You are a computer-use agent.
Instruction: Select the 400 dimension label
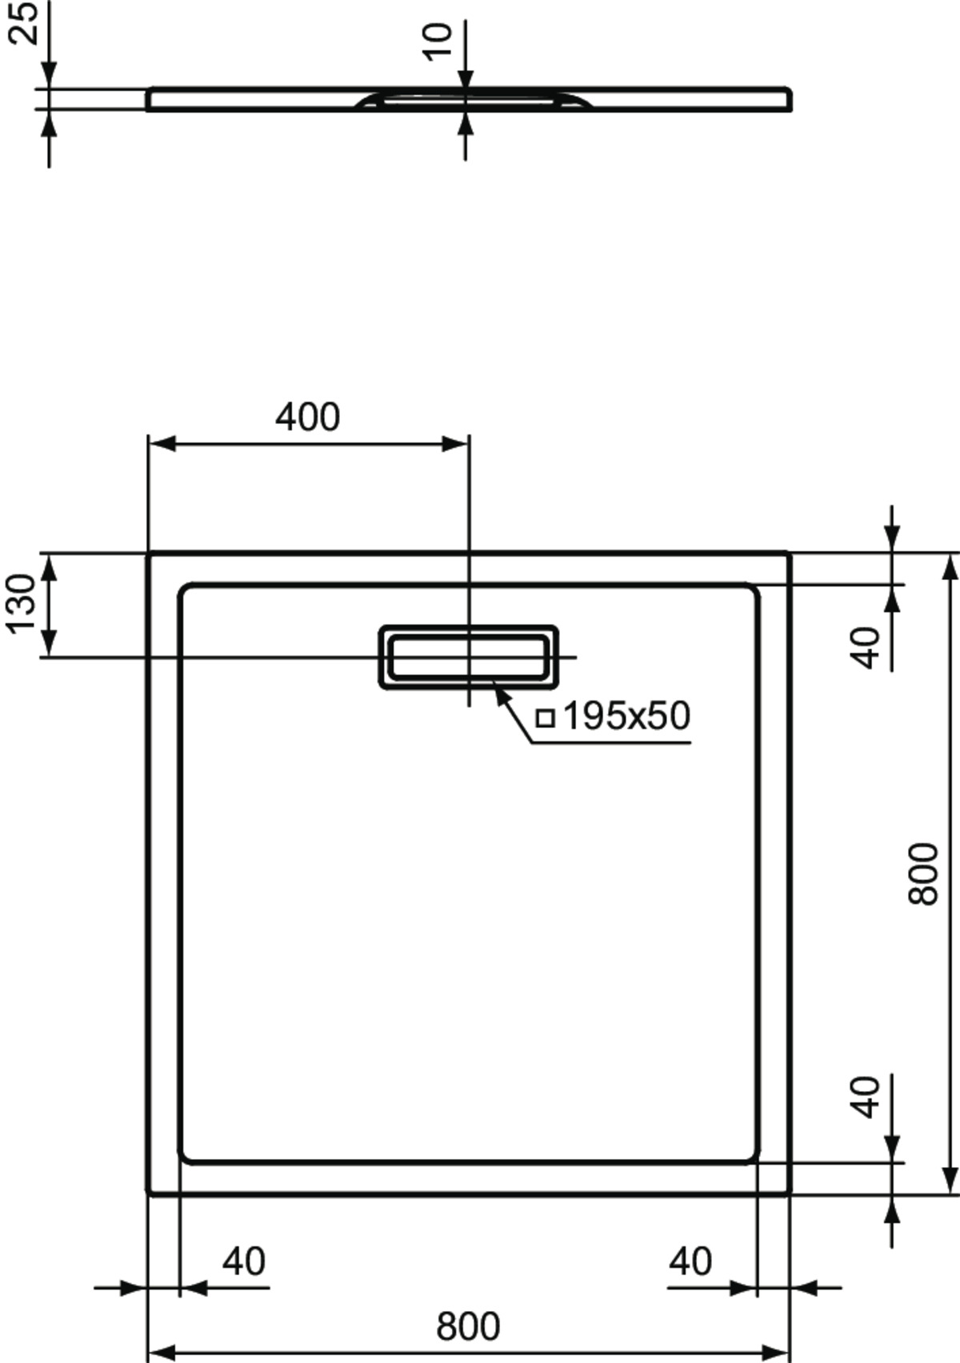(307, 418)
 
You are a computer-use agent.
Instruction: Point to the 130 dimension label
(22, 603)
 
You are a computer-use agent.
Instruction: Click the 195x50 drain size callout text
(626, 716)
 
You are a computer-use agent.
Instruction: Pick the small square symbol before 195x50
(545, 718)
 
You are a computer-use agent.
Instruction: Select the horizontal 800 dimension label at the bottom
(468, 1327)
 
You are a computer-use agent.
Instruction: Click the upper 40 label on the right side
(865, 647)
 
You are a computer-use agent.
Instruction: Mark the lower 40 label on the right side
(865, 1097)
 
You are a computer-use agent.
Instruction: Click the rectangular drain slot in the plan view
(468, 658)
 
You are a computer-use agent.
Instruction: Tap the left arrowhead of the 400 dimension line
(162, 444)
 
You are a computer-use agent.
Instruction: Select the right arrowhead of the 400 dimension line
(454, 444)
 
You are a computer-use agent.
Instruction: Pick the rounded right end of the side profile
(788, 99)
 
